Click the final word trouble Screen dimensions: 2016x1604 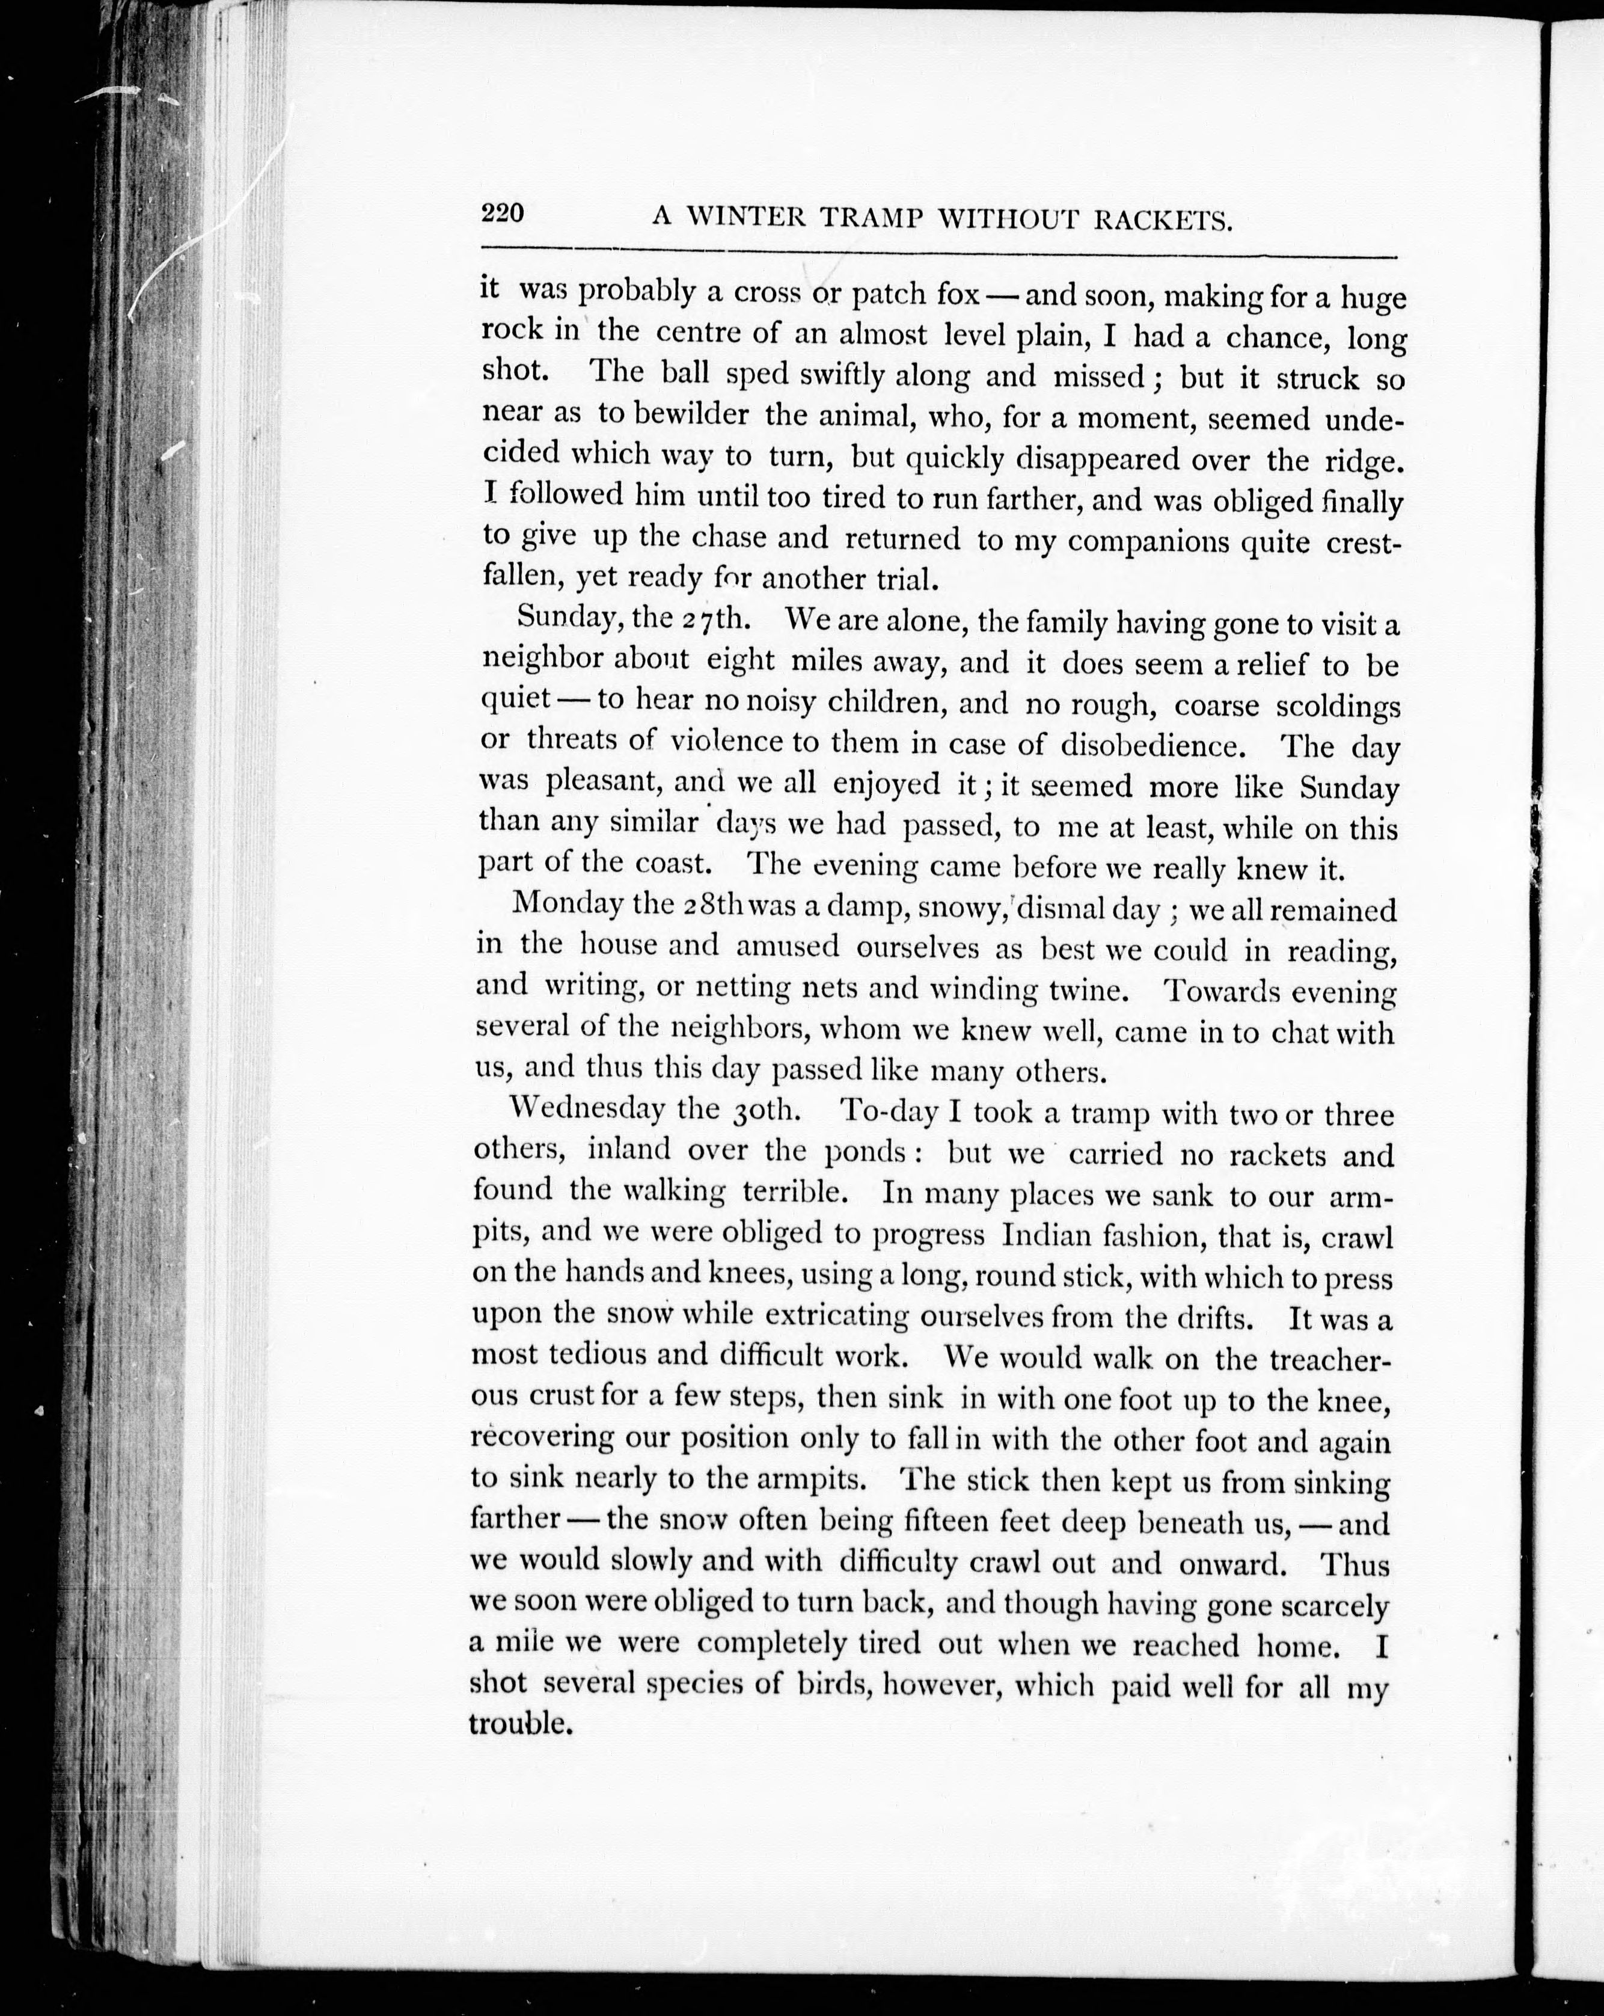point(519,1723)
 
